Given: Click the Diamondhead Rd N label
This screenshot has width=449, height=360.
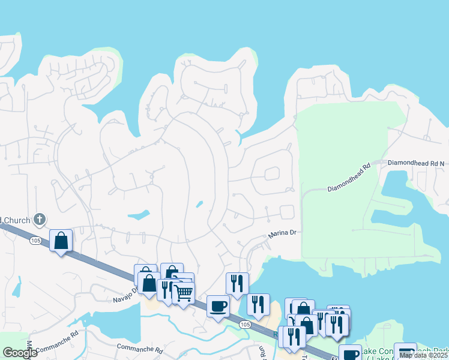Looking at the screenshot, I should pos(416,163).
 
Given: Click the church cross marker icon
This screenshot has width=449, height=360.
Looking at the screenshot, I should pos(40,220).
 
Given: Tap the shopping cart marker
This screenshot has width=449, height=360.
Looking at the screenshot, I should pos(184,293).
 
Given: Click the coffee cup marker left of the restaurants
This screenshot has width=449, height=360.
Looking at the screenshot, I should pos(218,306).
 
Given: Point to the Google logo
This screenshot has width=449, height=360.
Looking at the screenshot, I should pos(20,353).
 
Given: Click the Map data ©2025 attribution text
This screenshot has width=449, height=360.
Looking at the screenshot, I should pos(424,355).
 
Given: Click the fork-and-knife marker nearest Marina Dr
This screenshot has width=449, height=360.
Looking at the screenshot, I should pos(237,283).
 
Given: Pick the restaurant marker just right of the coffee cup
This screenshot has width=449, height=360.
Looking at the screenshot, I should pos(258,304).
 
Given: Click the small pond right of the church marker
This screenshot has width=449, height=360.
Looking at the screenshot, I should pos(139,214).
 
